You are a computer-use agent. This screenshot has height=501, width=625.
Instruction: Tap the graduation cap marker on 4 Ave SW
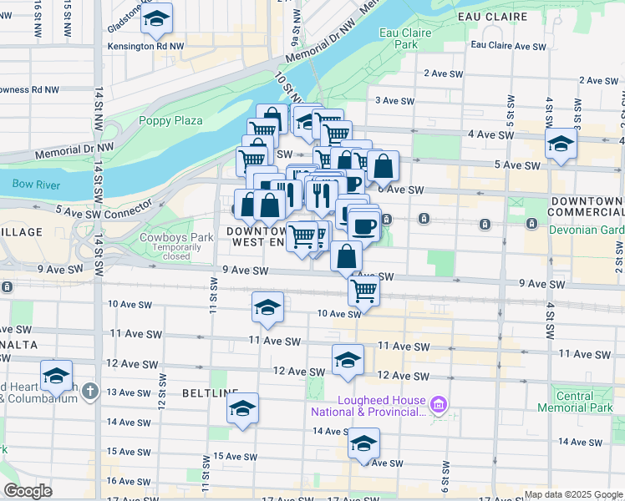point(560,144)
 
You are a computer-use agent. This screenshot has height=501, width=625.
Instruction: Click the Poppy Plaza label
point(171,121)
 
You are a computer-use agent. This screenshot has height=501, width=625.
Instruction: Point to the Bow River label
point(36,185)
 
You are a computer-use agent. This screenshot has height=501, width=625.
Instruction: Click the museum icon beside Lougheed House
point(440,406)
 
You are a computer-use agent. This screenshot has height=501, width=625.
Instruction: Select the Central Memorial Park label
point(585,402)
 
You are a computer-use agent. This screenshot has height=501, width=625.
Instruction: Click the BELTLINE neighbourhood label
point(210,392)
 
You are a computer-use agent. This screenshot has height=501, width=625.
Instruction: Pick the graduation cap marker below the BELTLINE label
point(242,408)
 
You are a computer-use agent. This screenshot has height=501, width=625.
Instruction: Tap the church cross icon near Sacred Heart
point(91,391)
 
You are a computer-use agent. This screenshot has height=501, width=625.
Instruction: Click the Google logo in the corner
point(28,491)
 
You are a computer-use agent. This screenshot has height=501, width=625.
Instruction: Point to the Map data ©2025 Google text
point(573,494)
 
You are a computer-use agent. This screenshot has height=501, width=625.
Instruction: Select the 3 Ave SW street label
point(395,101)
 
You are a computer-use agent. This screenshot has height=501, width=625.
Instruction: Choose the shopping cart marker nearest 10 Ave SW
point(364,291)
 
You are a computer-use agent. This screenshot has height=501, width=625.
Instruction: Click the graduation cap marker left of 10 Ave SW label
point(267,307)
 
